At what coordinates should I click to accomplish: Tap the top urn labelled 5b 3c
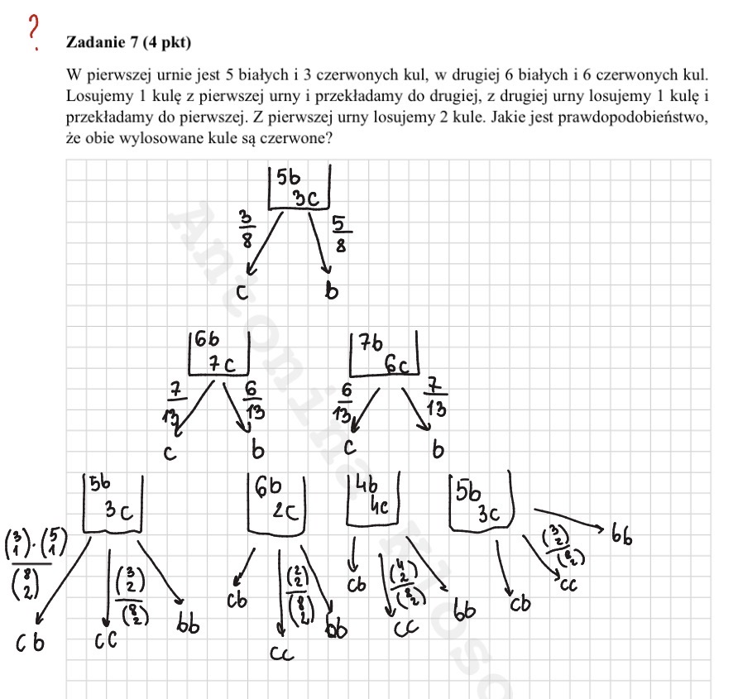[x=300, y=188]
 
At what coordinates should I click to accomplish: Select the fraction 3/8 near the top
[x=247, y=229]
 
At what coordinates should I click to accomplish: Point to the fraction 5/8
[x=341, y=234]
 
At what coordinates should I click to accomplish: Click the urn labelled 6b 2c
[x=276, y=504]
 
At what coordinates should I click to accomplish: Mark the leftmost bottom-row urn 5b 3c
[x=113, y=503]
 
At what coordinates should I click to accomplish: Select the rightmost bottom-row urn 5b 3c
[x=481, y=503]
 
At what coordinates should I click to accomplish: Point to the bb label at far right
[x=622, y=536]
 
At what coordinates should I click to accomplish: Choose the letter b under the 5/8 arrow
[x=331, y=291]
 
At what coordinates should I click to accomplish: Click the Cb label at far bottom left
[x=31, y=641]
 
